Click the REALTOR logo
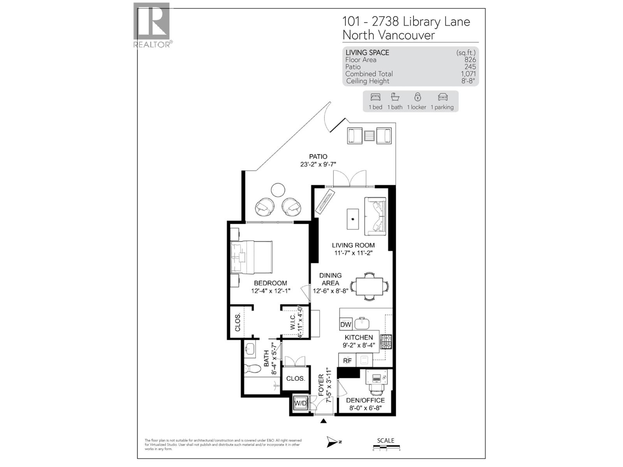coord(152,25)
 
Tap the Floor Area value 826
coord(470,60)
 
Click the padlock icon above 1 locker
coord(417,97)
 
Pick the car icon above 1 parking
coord(442,97)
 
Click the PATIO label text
coord(318,156)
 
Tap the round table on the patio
coord(278,190)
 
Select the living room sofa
coord(375,216)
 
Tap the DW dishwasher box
coord(346,325)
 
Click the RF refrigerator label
coord(347,361)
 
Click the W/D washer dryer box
coord(300,403)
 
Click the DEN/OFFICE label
coord(365,400)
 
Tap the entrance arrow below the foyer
coord(324,421)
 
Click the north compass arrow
coord(333,442)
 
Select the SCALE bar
coord(386,448)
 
